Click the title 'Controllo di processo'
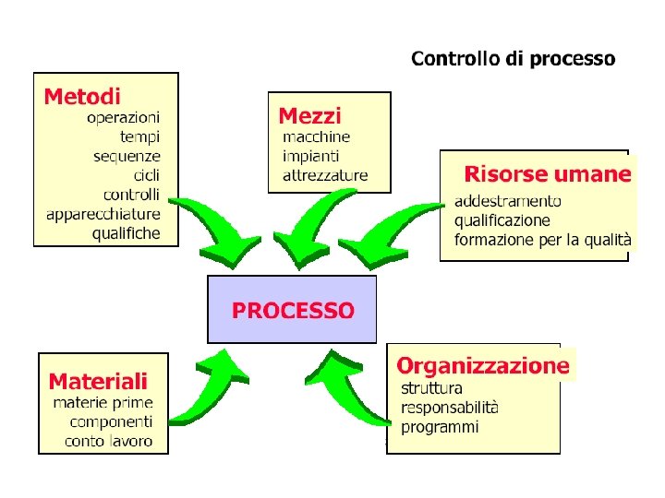[513, 59]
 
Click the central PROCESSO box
[292, 310]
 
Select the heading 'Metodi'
[82, 96]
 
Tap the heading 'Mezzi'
[309, 116]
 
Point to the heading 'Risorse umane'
[548, 173]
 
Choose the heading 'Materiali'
[97, 381]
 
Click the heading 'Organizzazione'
[483, 365]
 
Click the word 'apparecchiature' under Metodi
[103, 214]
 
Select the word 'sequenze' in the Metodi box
[127, 156]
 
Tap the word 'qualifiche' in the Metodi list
[126, 233]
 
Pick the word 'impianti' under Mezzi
[310, 156]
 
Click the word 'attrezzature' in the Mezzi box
[325, 175]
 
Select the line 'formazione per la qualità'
[543, 240]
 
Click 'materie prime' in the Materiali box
[103, 403]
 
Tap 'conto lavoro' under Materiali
[109, 441]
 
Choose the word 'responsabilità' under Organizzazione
[450, 408]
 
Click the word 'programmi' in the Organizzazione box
[440, 427]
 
